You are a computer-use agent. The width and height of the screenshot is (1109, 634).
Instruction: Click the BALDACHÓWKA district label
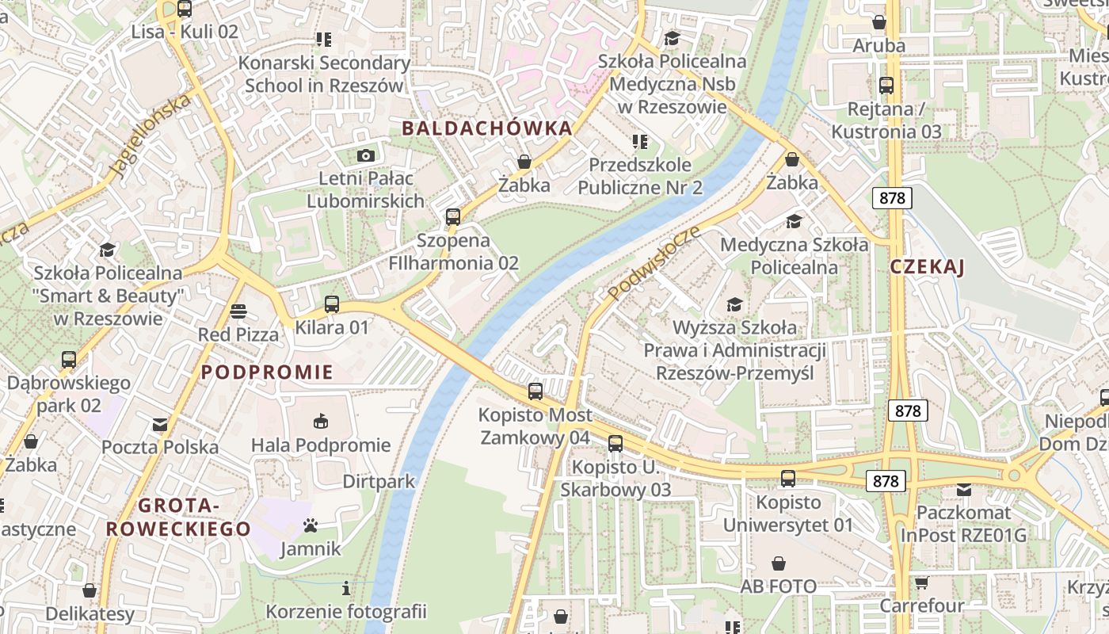coord(486,128)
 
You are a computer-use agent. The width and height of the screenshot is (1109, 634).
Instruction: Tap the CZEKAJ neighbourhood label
coord(927,267)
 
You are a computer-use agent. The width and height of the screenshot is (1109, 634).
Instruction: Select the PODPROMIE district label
coord(267,372)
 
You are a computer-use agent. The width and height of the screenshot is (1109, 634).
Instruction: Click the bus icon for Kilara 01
coord(332,304)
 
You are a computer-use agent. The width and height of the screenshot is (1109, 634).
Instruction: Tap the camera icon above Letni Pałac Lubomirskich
coord(365,155)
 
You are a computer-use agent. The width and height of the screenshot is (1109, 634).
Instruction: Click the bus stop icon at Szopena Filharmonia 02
coord(453,216)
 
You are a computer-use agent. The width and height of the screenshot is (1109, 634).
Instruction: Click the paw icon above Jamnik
coord(311,525)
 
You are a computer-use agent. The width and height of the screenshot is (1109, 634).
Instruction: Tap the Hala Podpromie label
coord(321,445)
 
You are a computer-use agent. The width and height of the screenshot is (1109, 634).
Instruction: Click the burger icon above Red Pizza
coord(238,311)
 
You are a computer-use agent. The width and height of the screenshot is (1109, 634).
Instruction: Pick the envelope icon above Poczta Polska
coord(160,425)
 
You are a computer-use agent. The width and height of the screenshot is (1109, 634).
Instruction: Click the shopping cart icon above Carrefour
coord(921,582)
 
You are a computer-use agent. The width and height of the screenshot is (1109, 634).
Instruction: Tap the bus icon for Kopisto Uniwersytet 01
coord(787,478)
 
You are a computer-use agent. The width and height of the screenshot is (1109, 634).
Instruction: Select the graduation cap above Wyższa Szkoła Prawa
coord(734,304)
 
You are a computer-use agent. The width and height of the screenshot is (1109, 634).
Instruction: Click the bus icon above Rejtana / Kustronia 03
coord(886,86)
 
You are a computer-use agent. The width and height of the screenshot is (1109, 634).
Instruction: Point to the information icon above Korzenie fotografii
coord(345,588)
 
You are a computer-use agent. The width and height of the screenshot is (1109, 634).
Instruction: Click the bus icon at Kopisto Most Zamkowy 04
coord(535,391)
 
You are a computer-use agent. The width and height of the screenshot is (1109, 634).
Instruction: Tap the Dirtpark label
coord(379,482)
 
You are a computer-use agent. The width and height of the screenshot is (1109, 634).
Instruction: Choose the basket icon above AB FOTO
coord(779,563)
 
